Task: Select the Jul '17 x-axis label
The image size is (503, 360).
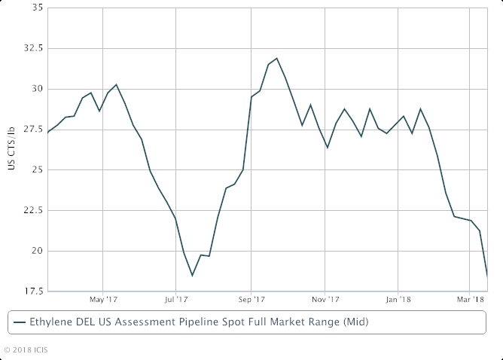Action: (175, 298)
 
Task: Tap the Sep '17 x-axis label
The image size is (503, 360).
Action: (250, 298)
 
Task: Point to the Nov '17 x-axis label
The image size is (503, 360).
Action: (325, 298)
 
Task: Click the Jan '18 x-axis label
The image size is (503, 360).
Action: (398, 298)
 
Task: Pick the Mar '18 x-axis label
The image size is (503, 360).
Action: (469, 298)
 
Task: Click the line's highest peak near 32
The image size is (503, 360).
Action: (276, 58)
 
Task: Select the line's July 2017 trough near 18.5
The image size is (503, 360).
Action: (192, 276)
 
